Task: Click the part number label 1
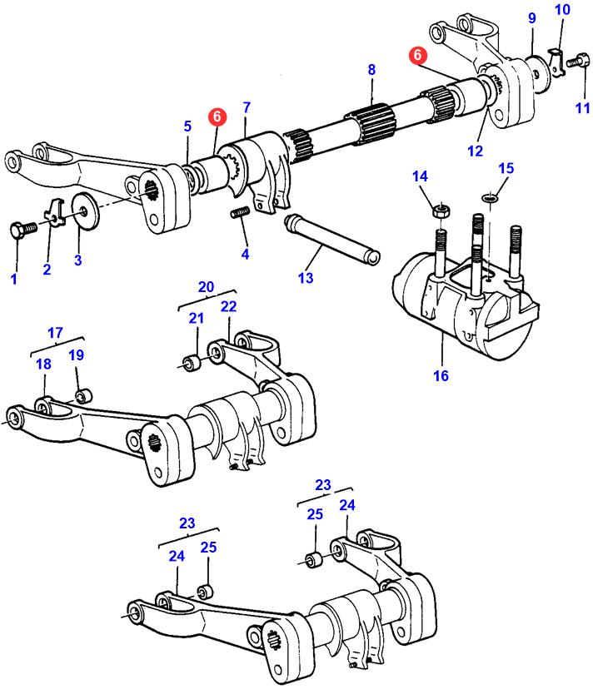(x=13, y=280)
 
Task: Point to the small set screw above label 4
(x=241, y=215)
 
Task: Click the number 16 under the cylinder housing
(x=441, y=376)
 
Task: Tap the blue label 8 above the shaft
(x=371, y=71)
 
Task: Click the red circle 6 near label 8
(x=417, y=55)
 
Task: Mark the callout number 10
(x=563, y=10)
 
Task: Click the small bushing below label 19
(x=83, y=394)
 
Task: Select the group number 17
(x=55, y=334)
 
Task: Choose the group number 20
(x=206, y=287)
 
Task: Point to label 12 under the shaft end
(x=475, y=151)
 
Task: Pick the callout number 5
(x=187, y=126)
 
